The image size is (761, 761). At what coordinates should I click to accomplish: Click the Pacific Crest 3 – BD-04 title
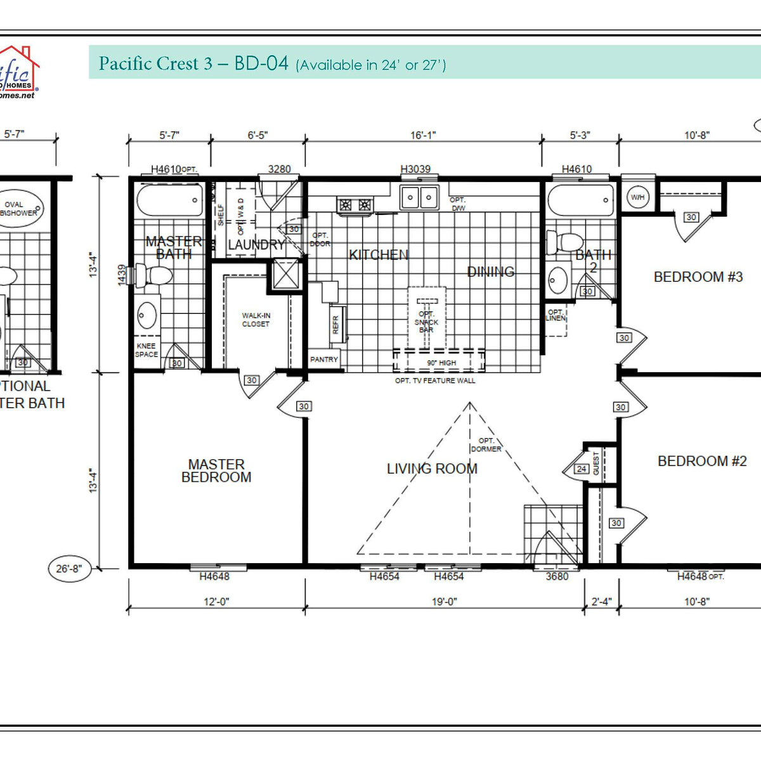coord(193,63)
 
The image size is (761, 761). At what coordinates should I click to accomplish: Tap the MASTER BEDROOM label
coord(216,471)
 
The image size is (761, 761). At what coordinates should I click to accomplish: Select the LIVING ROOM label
coord(432,469)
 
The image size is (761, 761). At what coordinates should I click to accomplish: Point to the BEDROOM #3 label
coord(698,277)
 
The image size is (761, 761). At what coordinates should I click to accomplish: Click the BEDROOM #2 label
coord(702,461)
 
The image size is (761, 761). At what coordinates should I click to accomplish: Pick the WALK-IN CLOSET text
coord(256,320)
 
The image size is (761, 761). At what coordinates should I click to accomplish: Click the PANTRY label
coord(324,360)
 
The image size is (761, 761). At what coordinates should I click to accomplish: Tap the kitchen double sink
coord(419,198)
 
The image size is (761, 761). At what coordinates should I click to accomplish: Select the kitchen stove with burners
coord(355,205)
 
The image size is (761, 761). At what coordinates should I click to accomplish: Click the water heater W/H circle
coord(637,197)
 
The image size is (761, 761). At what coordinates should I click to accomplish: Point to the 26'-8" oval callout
coord(69,569)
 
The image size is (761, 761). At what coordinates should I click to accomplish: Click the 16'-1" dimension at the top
coord(423,135)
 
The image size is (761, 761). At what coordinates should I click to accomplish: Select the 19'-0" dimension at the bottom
coord(444,601)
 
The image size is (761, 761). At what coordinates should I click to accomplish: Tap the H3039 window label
coord(415,169)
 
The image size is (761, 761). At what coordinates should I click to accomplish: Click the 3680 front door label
coord(557,576)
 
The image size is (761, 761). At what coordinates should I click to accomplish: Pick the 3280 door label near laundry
coord(279,169)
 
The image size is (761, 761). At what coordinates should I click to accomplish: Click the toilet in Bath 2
coord(564,242)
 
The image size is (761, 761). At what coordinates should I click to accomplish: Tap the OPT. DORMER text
coord(486,445)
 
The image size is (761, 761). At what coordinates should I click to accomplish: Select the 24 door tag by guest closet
coord(582,469)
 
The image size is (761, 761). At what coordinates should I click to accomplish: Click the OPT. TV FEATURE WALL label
coord(435,380)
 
